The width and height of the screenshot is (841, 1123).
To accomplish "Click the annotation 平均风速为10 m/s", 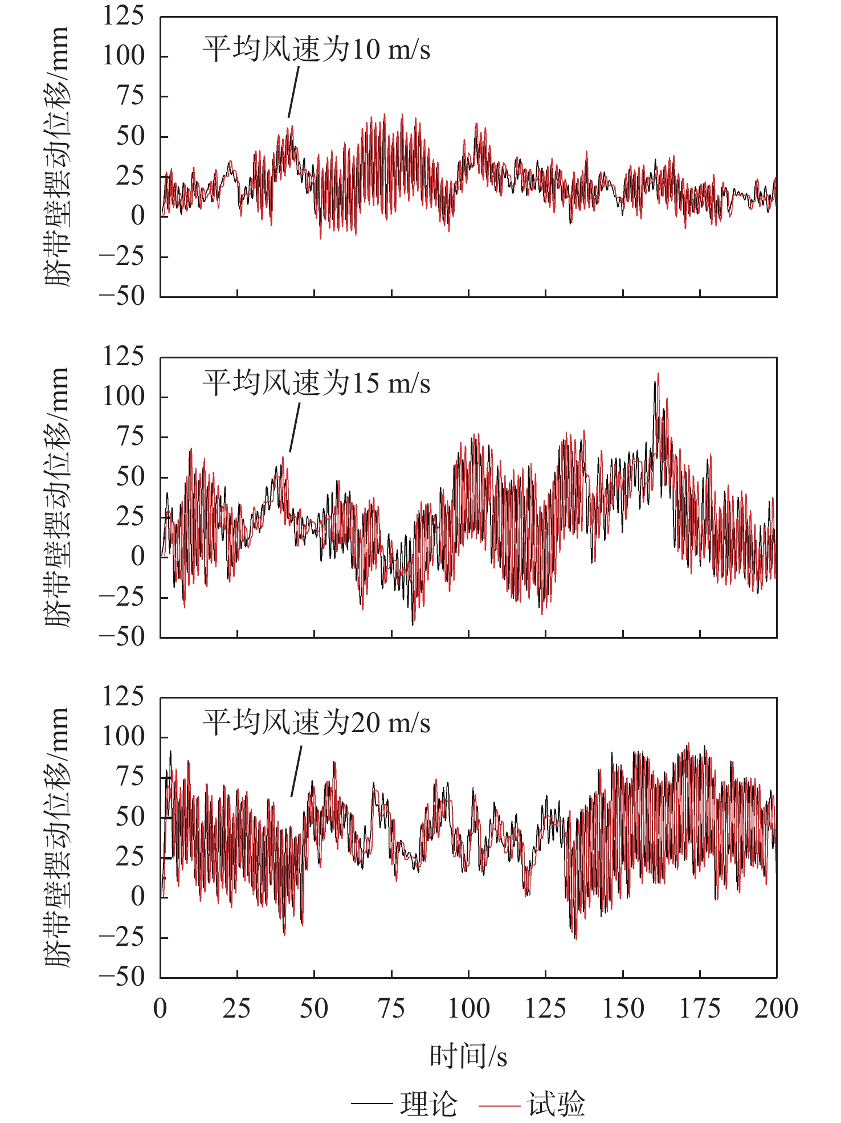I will point(316,50).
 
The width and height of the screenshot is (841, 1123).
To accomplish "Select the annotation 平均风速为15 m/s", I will point(316,383).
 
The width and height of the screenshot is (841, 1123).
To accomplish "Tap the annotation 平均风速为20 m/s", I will point(316,723).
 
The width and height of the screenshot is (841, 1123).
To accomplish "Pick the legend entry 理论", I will point(428,1104).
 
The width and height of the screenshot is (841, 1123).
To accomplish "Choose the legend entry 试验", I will point(556,1104).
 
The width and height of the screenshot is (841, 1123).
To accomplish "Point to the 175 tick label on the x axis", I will point(700,1008).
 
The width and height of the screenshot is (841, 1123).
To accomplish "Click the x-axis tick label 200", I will point(776,1008).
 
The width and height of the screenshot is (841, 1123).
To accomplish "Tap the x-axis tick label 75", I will point(391,1008).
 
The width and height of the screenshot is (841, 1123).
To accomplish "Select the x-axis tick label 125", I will point(545,1008).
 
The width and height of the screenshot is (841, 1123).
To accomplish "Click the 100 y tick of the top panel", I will point(124,56).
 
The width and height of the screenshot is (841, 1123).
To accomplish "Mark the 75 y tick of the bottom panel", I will point(130,777).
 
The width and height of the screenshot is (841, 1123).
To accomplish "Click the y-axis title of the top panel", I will point(57,157).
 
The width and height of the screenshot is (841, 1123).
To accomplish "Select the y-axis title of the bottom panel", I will point(57,838).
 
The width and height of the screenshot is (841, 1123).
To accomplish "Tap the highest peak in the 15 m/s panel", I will point(658,374).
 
